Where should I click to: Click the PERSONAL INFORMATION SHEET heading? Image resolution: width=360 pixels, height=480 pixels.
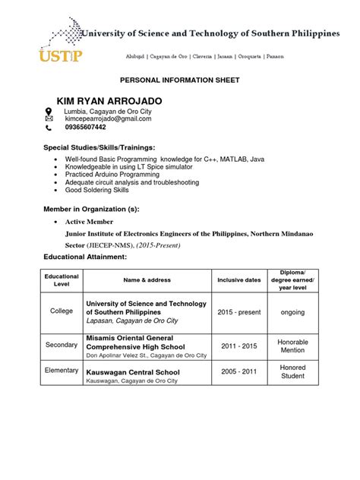(x=181, y=79)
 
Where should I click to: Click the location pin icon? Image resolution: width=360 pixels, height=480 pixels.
(x=49, y=111)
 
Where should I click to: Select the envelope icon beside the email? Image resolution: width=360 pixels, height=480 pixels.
(x=49, y=119)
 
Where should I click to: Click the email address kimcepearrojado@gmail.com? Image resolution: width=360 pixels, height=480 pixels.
(x=108, y=119)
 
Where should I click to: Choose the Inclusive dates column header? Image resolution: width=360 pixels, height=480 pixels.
(x=239, y=280)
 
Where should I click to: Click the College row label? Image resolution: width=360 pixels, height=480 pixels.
(x=62, y=311)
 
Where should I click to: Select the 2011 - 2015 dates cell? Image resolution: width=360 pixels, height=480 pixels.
(x=238, y=345)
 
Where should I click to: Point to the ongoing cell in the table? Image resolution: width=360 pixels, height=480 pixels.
(x=292, y=311)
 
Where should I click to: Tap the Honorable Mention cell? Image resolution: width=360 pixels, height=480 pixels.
(x=292, y=346)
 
